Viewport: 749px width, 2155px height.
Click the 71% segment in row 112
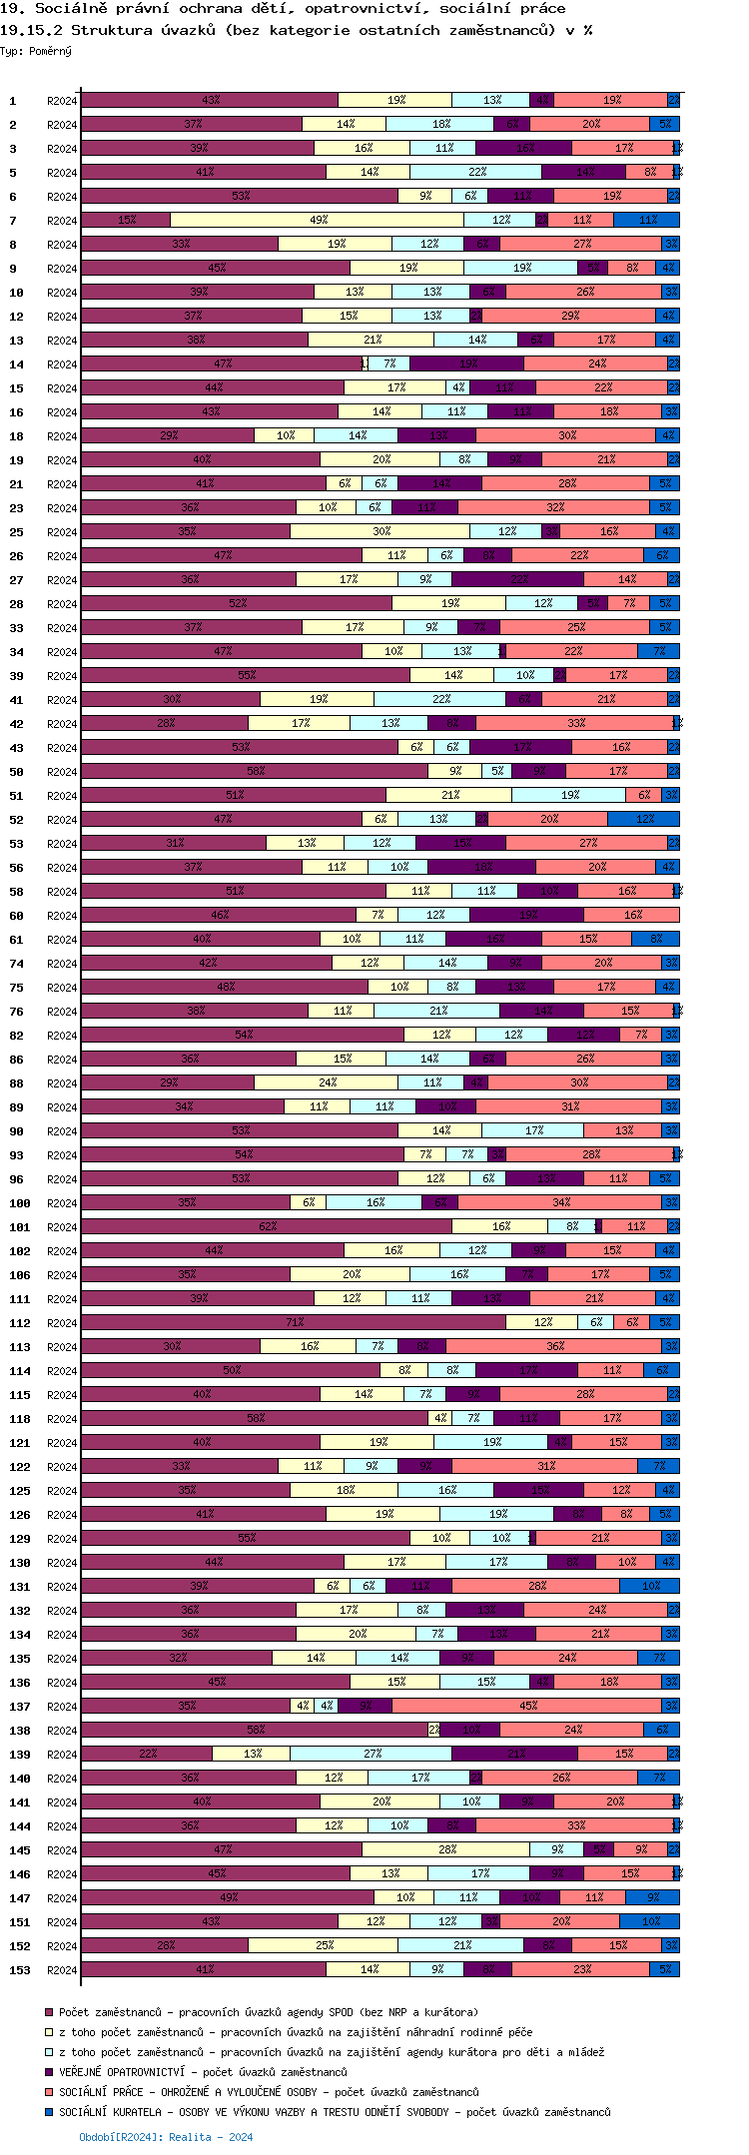point(294,1322)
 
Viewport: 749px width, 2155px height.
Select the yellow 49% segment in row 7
point(318,220)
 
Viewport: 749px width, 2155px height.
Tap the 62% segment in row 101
point(267,1226)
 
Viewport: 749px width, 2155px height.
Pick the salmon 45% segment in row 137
point(527,1706)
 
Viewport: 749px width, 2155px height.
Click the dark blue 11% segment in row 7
point(647,220)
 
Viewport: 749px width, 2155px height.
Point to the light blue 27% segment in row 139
point(372,1754)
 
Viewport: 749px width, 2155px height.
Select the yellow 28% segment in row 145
point(446,1849)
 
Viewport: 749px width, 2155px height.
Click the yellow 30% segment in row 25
point(380,531)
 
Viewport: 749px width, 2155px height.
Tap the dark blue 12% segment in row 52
point(644,819)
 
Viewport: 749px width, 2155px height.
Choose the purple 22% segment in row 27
point(518,579)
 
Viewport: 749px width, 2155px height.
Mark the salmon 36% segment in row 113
point(554,1346)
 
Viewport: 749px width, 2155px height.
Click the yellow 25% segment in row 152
point(324,1945)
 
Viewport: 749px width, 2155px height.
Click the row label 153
point(20,1970)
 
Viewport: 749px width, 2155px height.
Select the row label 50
point(17,772)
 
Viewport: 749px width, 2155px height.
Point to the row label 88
point(17,1083)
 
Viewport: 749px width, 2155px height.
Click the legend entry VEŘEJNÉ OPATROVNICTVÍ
point(203,2072)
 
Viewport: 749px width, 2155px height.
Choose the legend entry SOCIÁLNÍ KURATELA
point(335,2112)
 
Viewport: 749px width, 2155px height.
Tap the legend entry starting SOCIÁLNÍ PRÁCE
point(269,2092)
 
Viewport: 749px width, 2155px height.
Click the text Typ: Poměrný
point(36,51)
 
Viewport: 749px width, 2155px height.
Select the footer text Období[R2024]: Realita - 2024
point(166,2137)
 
